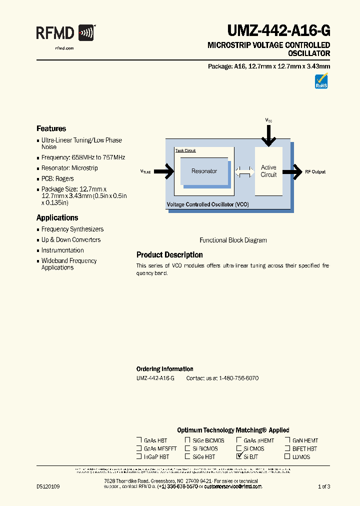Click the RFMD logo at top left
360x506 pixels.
click(65, 34)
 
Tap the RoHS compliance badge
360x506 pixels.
click(321, 81)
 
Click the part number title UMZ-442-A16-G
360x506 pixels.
click(278, 31)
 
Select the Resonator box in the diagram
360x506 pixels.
click(204, 171)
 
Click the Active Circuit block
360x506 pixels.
click(268, 171)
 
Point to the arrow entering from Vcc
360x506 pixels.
click(268, 134)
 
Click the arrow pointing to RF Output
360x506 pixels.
click(292, 171)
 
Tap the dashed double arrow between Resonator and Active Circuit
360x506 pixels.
click(244, 171)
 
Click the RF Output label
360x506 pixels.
click(315, 172)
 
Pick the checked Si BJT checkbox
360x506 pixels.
click(239, 456)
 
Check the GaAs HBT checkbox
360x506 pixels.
click(139, 440)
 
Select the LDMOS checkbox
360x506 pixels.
click(287, 456)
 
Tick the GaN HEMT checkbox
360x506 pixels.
click(287, 440)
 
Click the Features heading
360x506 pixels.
click(51, 128)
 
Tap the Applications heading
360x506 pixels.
click(57, 217)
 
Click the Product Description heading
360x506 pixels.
click(169, 255)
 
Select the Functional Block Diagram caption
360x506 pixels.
click(233, 240)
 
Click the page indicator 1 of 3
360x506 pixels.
click(324, 486)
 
